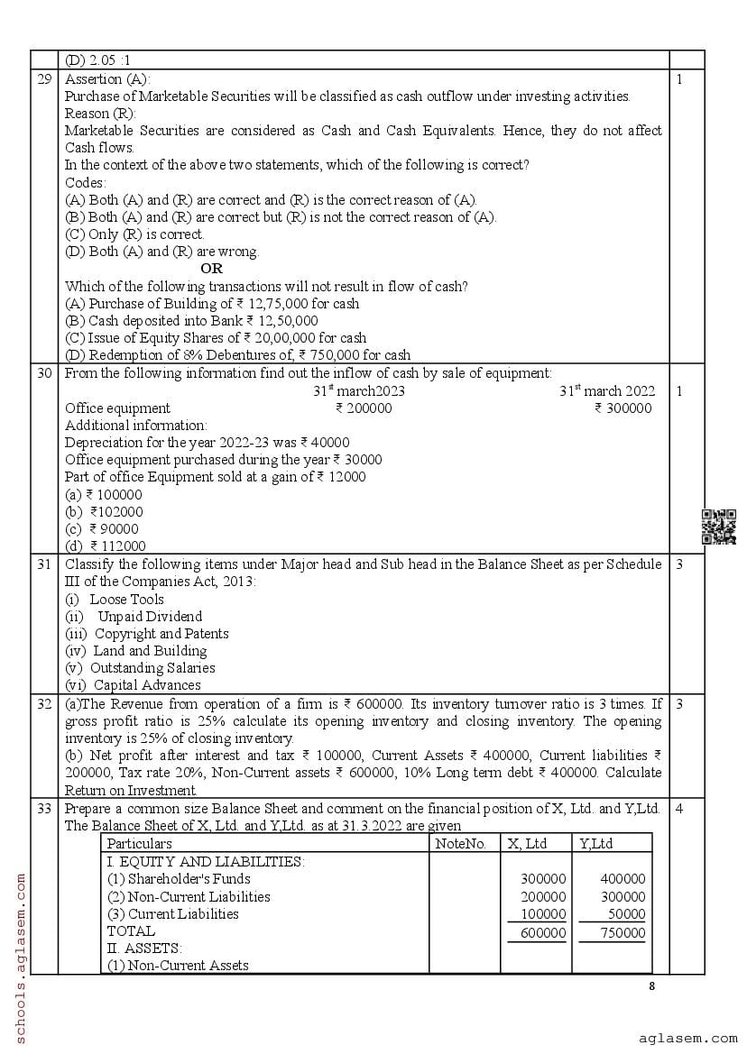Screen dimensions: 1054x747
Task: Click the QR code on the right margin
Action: click(718, 527)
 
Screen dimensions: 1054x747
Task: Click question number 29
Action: click(44, 79)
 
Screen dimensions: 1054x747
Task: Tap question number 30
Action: click(44, 372)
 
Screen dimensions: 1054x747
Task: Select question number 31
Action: click(44, 564)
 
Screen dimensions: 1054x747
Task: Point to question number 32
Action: click(44, 703)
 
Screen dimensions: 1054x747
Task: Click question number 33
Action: click(44, 809)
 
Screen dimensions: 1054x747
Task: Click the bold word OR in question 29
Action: click(211, 269)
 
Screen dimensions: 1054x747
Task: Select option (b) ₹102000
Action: click(104, 511)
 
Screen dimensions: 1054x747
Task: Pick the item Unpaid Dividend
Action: click(150, 617)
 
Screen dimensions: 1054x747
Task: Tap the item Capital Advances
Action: click(147, 685)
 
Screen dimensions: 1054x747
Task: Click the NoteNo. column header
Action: click(460, 844)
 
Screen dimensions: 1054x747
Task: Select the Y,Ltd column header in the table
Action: click(595, 844)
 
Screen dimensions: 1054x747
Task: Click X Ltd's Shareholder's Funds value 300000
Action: click(542, 879)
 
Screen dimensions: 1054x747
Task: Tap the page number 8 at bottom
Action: click(652, 985)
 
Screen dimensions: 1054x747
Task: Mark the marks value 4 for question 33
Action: click(679, 809)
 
